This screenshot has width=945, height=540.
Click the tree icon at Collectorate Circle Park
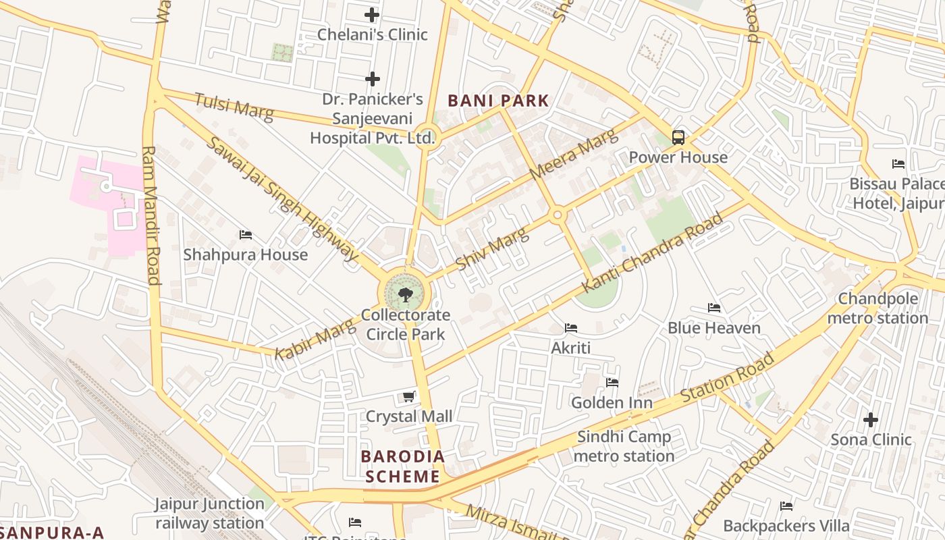pos(405,294)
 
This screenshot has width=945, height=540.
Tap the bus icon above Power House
pos(678,138)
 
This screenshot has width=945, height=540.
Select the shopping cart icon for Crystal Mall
pos(408,396)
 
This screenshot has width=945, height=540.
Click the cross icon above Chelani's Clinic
pos(372,15)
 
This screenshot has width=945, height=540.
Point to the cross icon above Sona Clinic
pos(871,420)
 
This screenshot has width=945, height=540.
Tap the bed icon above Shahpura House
pos(246,235)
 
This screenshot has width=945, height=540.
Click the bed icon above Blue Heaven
pos(714,308)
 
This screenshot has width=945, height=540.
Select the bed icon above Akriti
pos(571,328)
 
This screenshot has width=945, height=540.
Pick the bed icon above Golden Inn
pos(612,383)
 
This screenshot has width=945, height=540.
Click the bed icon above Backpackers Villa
pos(786,506)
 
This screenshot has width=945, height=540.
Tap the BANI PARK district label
pos(499,101)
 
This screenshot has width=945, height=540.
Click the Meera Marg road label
pos(574,156)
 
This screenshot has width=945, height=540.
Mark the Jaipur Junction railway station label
pos(209,513)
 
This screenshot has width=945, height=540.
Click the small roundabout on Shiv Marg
pos(558,215)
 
